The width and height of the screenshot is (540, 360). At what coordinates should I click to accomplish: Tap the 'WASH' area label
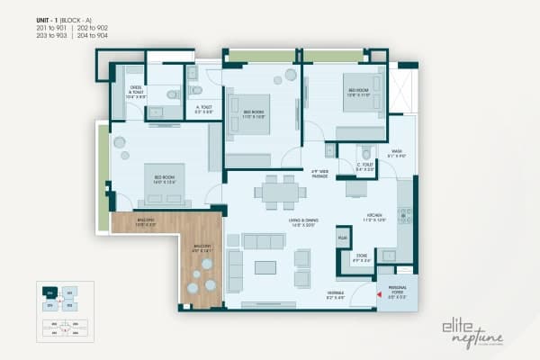(396, 153)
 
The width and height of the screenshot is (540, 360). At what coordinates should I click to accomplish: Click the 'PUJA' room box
(343, 238)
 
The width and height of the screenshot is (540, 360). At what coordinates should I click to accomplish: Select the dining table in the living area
(279, 191)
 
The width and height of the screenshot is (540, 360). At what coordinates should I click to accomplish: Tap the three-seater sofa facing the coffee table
(265, 240)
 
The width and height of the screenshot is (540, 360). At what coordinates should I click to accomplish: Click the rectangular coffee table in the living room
(265, 267)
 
